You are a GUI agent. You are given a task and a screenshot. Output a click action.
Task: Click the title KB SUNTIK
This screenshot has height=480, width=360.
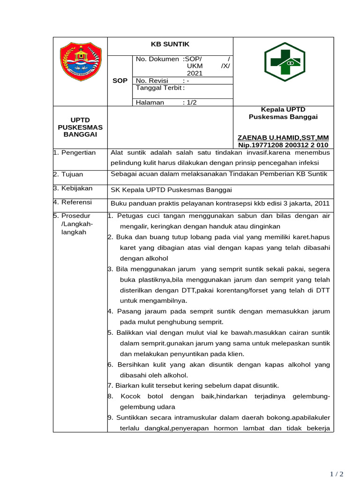(170, 44)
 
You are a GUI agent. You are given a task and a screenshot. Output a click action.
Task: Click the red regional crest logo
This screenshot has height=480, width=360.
(80, 61)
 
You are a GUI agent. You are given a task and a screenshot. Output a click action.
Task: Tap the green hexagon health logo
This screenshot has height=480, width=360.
(285, 62)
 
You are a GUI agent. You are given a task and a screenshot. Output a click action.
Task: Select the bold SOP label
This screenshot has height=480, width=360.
(120, 81)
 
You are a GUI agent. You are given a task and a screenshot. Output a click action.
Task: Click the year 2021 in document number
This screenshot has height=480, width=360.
(195, 74)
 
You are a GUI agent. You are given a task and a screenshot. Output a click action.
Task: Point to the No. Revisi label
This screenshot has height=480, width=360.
(151, 81)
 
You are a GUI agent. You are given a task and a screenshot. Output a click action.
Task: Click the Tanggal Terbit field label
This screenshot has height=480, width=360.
(160, 88)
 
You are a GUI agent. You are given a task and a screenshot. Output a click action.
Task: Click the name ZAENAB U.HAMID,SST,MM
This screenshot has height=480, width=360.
(283, 137)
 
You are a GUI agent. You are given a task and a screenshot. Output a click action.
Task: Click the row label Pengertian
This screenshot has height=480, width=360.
(77, 152)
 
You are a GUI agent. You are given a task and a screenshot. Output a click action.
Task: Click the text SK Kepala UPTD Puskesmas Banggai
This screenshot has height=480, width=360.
(171, 190)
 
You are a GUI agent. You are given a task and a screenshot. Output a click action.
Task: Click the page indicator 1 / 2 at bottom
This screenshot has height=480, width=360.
(337, 474)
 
